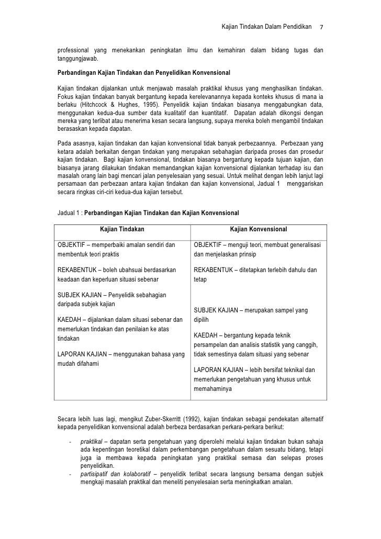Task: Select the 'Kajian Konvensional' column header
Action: click(259, 229)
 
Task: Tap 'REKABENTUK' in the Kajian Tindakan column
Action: click(77, 270)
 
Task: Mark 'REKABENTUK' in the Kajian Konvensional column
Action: click(213, 270)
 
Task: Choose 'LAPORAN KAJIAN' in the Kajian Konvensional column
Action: click(216, 369)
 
